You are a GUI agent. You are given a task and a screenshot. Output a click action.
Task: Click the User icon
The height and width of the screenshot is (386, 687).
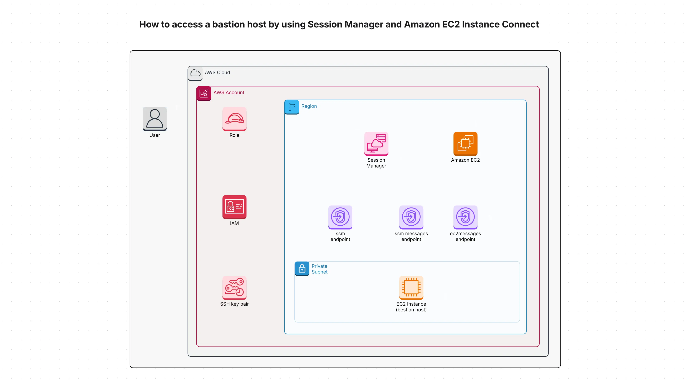(154, 119)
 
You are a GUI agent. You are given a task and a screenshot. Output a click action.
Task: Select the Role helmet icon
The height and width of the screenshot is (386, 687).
(234, 119)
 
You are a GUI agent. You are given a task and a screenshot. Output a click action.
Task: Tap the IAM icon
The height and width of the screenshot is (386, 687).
(234, 207)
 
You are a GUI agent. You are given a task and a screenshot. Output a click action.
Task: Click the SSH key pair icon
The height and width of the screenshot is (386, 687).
(234, 287)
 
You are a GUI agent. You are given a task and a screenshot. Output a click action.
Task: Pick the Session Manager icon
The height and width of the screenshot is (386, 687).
(376, 144)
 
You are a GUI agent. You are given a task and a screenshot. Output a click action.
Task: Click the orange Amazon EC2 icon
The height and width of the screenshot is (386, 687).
(465, 144)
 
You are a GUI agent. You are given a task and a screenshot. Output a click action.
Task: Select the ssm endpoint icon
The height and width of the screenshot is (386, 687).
(340, 217)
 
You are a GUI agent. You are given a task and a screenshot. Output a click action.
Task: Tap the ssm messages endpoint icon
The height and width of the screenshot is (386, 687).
(411, 217)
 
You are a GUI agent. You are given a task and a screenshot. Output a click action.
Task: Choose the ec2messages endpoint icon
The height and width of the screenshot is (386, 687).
(465, 217)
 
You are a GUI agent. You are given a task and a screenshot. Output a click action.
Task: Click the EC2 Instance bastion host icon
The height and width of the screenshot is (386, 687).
(411, 287)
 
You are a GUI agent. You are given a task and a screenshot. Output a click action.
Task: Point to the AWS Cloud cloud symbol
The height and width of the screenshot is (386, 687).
(195, 73)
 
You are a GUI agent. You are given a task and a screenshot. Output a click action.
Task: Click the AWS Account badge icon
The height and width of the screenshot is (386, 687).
(204, 93)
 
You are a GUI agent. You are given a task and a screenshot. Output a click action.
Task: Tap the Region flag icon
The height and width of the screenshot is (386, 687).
(291, 107)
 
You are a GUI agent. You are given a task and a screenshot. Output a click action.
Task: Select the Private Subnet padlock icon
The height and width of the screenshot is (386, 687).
(302, 268)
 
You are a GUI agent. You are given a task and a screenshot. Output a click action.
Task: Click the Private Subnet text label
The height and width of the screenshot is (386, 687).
(319, 269)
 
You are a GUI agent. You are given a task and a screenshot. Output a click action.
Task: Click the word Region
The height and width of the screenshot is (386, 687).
(309, 106)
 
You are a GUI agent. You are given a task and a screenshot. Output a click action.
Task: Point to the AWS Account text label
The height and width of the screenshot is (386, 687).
(229, 92)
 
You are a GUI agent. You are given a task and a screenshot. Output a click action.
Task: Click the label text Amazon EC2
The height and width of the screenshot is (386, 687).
(465, 160)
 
